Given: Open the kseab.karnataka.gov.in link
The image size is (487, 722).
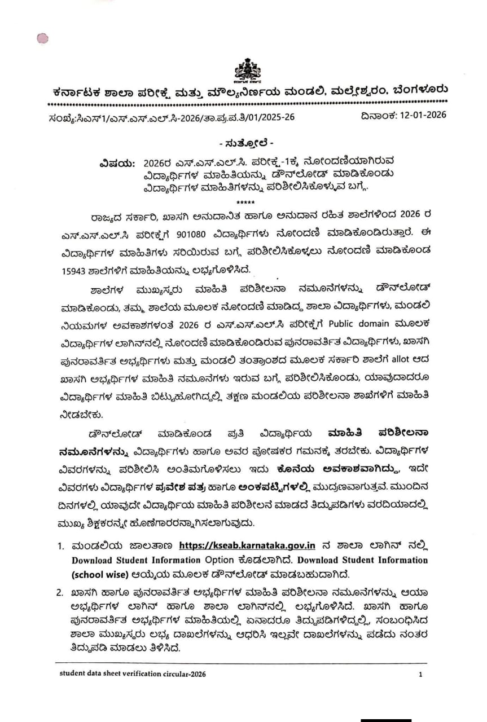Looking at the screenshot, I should [x=247, y=545].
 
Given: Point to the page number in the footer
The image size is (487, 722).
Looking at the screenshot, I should [x=420, y=674].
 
